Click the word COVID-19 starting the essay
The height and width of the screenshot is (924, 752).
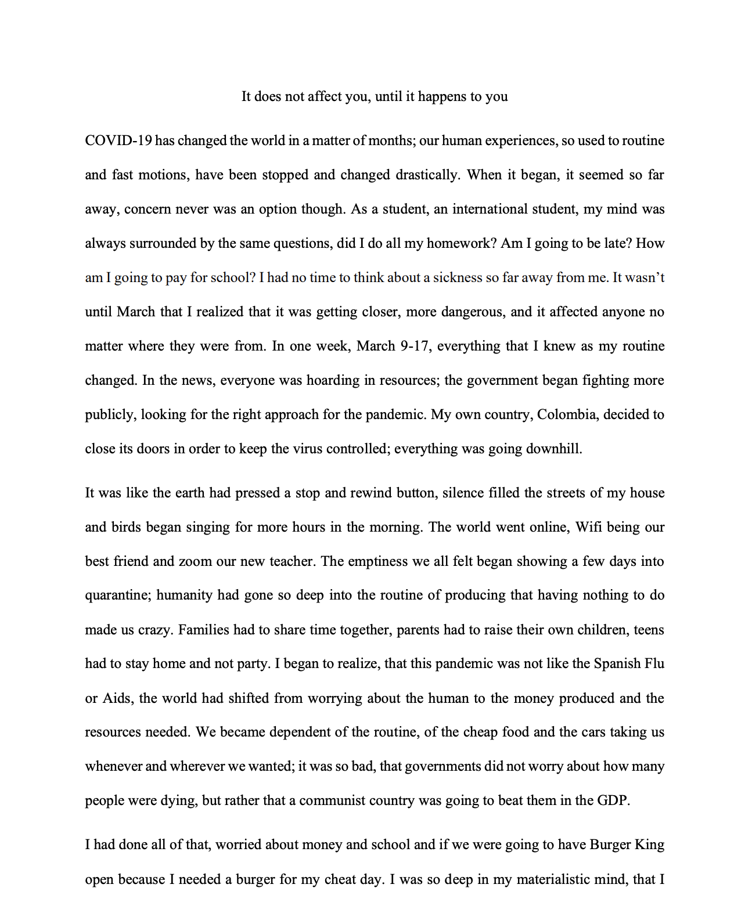tap(118, 141)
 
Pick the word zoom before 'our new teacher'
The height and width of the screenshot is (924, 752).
tap(195, 562)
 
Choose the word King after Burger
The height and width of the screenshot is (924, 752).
tap(648, 844)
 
